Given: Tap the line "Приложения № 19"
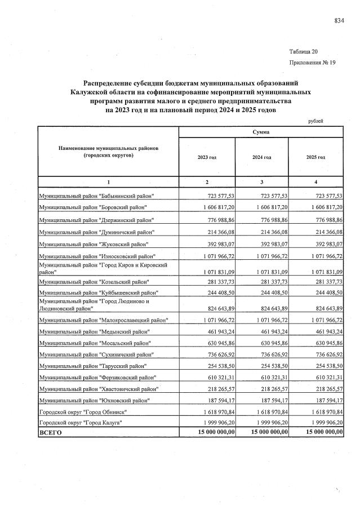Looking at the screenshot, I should [x=312, y=63].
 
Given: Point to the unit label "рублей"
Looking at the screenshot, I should [x=315, y=121].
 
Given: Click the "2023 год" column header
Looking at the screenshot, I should [x=207, y=157].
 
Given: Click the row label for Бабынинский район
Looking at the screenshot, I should [x=96, y=196].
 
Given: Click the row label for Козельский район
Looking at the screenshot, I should [x=94, y=281].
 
